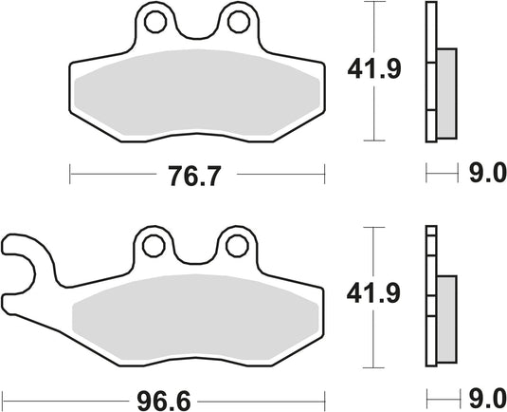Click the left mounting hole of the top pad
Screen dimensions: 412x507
tap(152, 22)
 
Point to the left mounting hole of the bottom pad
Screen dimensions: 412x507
tap(152, 246)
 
